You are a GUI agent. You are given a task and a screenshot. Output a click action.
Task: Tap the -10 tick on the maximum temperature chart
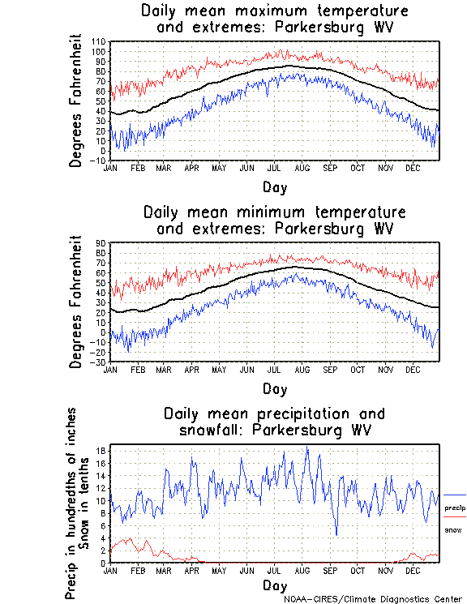click(99, 161)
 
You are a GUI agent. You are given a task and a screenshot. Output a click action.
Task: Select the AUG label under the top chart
click(302, 168)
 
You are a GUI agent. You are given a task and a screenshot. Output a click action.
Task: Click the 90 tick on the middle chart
click(102, 242)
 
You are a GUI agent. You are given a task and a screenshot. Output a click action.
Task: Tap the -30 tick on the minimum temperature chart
click(99, 362)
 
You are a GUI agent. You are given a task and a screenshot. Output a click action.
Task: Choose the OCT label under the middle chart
click(358, 370)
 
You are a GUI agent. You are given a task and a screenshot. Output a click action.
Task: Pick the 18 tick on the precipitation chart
click(102, 451)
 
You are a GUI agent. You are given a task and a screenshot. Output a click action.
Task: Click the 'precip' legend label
click(456, 508)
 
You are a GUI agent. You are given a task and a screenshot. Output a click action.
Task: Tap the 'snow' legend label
click(452, 529)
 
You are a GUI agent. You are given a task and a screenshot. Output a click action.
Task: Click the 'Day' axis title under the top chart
click(274, 187)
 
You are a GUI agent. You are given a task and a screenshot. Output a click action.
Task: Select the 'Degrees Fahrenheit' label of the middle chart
click(77, 302)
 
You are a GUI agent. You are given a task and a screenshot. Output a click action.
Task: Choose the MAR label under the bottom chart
click(164, 570)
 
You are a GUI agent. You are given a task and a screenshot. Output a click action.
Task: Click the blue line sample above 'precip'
click(455, 495)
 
